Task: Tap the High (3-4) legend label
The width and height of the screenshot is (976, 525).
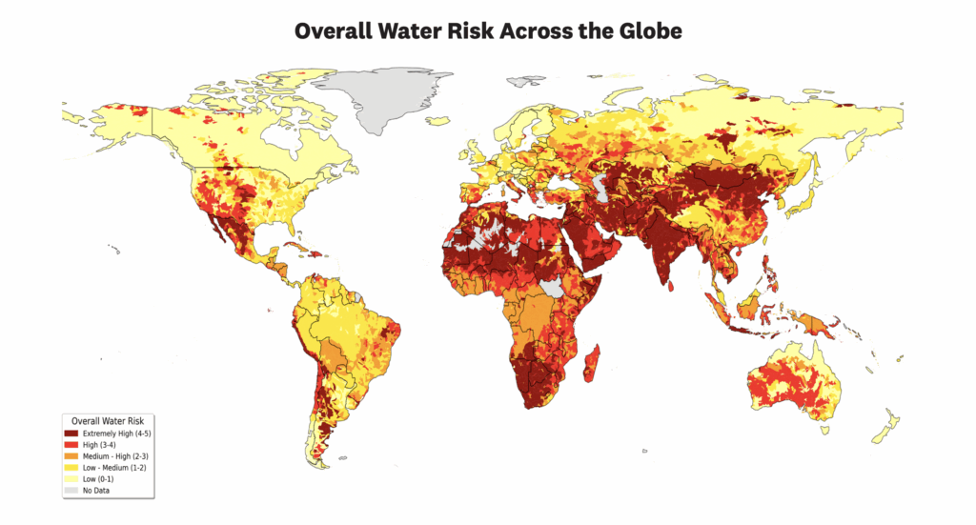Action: pos(102,445)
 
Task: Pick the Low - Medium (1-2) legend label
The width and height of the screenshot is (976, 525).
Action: pos(114,468)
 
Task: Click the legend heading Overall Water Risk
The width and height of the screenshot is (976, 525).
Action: pos(107,420)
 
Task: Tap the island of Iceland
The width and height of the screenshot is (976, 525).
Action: pos(439,121)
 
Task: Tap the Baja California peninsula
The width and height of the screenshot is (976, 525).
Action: pos(220,229)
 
